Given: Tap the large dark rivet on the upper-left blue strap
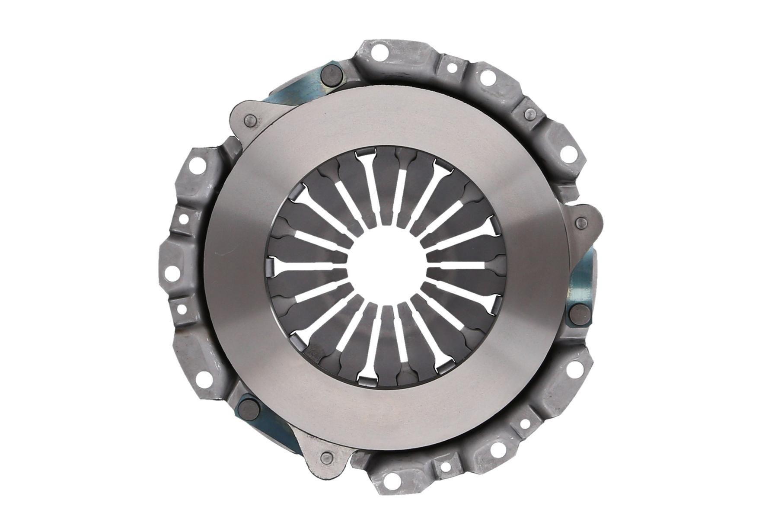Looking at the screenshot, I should click(332, 77).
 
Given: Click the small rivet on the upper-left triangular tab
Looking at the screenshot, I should click(249, 121).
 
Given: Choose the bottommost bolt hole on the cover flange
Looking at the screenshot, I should click(392, 477).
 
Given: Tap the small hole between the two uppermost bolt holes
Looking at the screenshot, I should click(452, 68).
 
